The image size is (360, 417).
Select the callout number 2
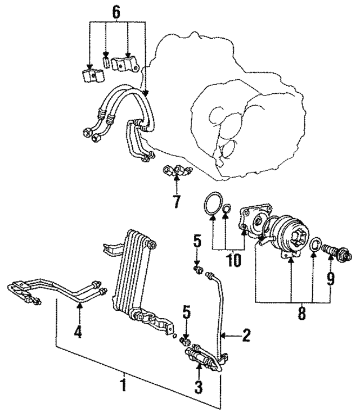pyautogui.click(x=246, y=337)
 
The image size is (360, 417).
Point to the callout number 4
pyautogui.click(x=78, y=332)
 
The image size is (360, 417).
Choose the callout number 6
pyautogui.click(x=116, y=11)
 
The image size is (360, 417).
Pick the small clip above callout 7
pyautogui.click(x=175, y=170)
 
